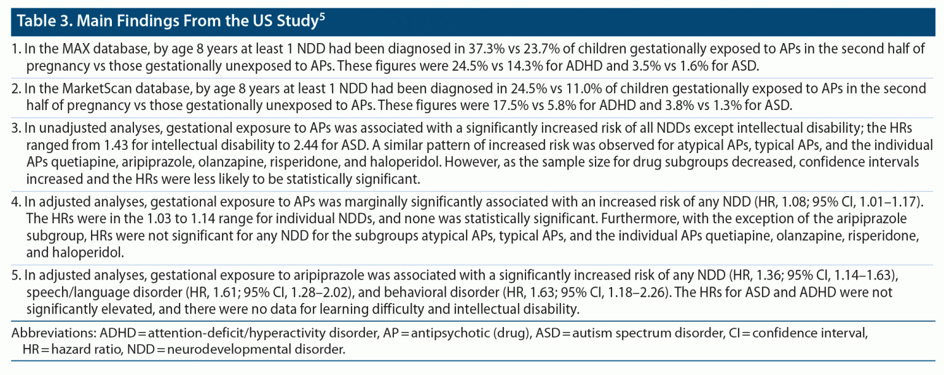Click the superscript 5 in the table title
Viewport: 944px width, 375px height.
pos(321,17)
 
